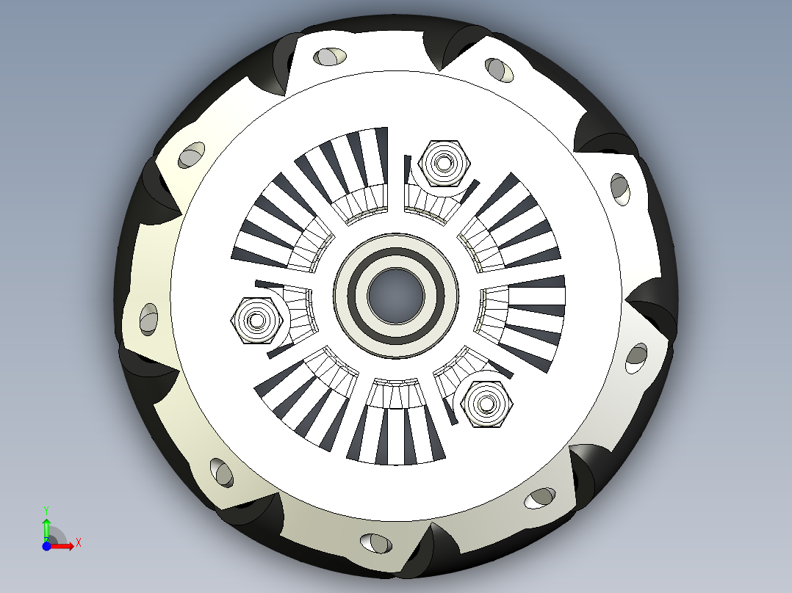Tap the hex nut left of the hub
[x=257, y=319]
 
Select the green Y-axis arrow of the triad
[x=46, y=528]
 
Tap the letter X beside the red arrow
[x=78, y=542]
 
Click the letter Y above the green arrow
[x=46, y=509]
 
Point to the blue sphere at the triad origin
[x=46, y=546]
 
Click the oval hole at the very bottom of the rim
[x=375, y=543]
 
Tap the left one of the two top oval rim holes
[x=331, y=56]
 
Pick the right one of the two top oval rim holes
[x=501, y=70]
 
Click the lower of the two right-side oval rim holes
[x=636, y=358]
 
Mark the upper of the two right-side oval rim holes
[x=620, y=189]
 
